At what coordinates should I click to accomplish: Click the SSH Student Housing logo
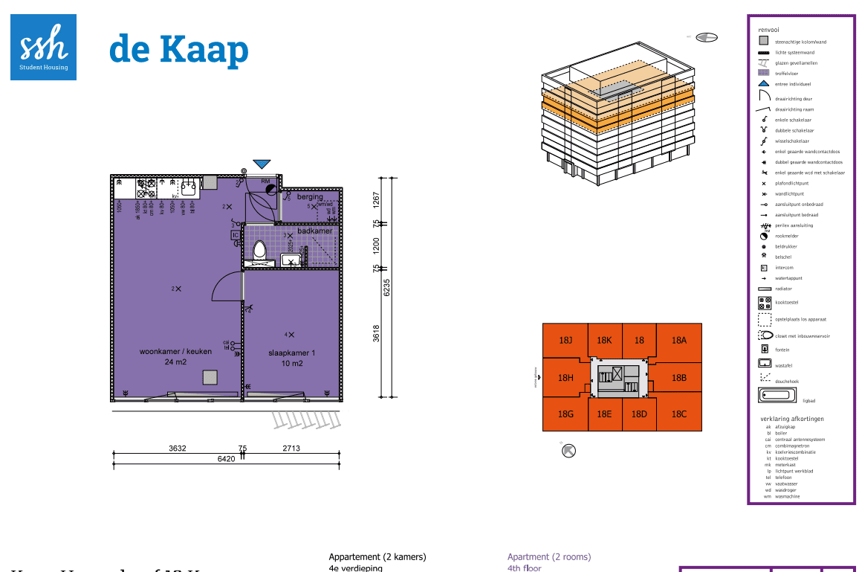click(43, 47)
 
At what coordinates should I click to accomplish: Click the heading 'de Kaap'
click(178, 49)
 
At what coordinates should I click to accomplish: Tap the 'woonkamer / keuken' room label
click(175, 351)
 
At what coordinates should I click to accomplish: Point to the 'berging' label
click(310, 197)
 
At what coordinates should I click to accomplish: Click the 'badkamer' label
click(314, 231)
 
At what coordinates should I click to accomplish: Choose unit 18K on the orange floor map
click(604, 340)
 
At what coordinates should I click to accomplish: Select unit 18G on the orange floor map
click(565, 414)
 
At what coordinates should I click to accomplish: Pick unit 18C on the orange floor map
click(678, 414)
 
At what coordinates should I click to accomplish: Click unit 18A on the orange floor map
click(678, 340)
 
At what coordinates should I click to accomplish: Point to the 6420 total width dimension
click(226, 459)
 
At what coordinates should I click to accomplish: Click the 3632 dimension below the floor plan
click(177, 448)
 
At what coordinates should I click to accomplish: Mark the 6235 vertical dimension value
click(386, 288)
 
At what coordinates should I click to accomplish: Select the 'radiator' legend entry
click(783, 289)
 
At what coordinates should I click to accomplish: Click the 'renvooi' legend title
click(768, 29)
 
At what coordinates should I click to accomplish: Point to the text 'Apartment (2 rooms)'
click(548, 556)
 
